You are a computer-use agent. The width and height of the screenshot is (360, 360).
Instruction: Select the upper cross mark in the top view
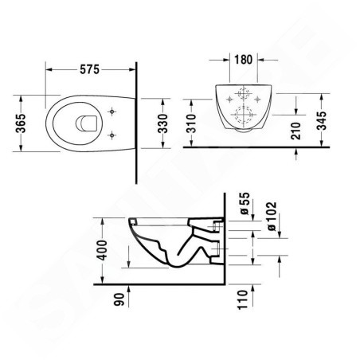[113, 112]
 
